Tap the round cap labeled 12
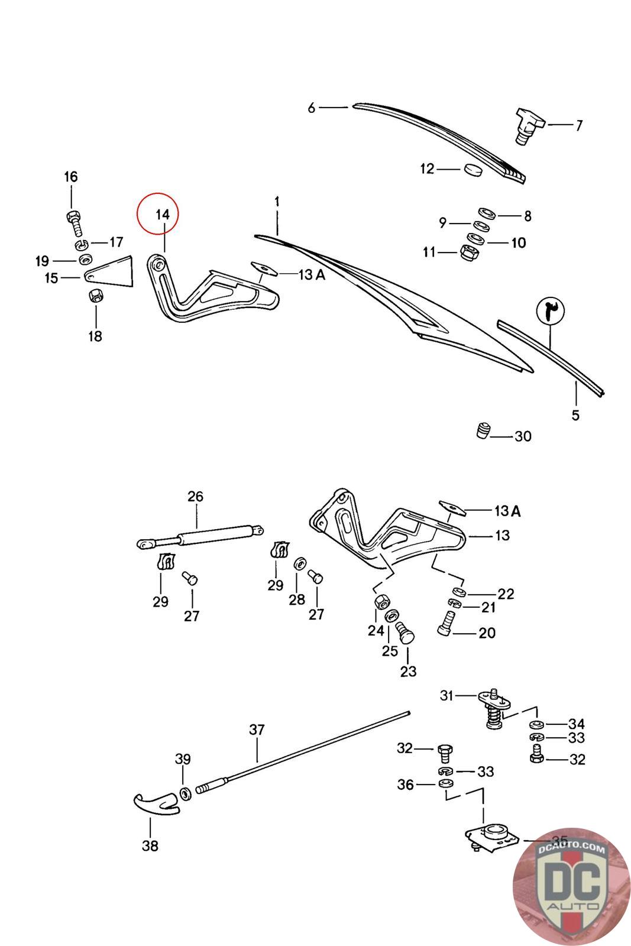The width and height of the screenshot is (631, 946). tap(473, 170)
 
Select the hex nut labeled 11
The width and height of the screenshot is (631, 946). tap(468, 252)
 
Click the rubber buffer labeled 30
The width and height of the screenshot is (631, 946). tap(483, 430)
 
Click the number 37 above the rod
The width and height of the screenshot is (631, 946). tap(257, 730)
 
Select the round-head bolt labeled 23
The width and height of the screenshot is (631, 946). tap(406, 633)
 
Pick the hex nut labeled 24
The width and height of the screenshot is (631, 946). tap(381, 602)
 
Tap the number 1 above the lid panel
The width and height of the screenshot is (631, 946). tap(276, 202)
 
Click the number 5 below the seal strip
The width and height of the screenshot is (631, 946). tap(575, 415)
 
